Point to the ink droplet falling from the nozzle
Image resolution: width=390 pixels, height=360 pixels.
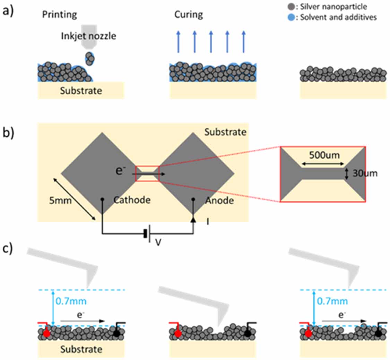(x=89, y=58)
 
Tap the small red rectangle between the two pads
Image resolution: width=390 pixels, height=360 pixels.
(x=147, y=174)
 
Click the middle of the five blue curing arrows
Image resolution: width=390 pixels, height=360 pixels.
(x=211, y=41)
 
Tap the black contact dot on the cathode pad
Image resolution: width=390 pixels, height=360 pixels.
(x=102, y=199)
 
